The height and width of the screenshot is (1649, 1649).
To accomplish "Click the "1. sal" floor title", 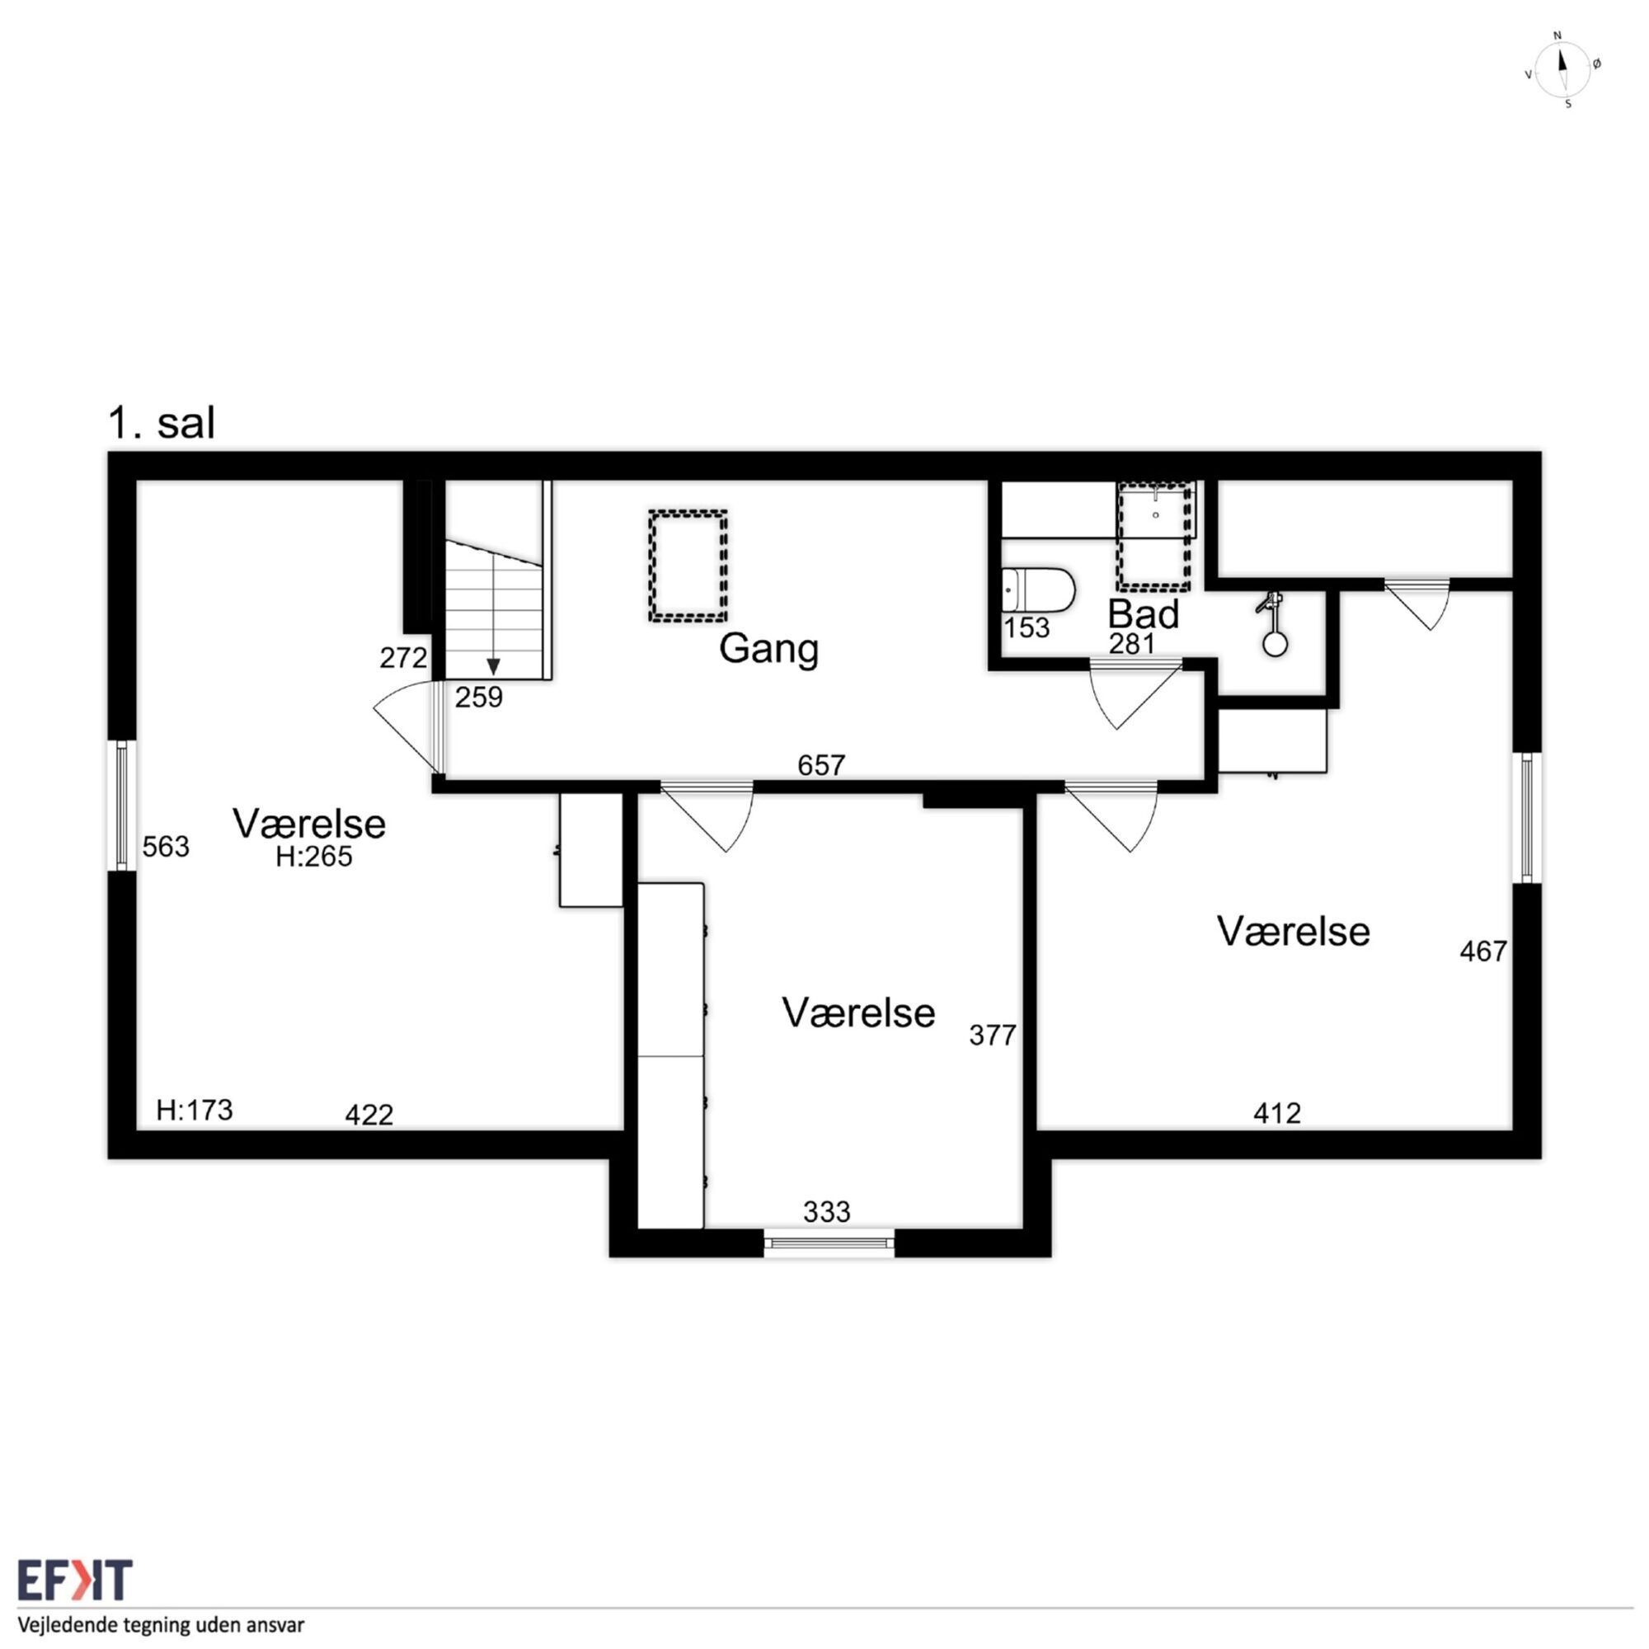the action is click(x=162, y=423).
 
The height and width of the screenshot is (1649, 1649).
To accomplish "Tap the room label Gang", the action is click(x=768, y=650).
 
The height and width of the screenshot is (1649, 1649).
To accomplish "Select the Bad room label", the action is click(x=1143, y=613).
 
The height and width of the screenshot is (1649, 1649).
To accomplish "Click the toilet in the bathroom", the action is click(x=1038, y=590).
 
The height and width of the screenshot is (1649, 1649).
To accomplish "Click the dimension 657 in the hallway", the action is click(x=821, y=765).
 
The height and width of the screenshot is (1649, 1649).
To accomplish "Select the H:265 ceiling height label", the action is click(x=313, y=856).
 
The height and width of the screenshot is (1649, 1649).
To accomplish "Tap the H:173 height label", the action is click(x=195, y=1110).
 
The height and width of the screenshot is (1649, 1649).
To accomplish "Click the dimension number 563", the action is click(x=166, y=847).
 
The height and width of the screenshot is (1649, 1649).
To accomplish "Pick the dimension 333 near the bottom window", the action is click(x=826, y=1211).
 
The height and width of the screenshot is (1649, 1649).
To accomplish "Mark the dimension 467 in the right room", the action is click(x=1483, y=951).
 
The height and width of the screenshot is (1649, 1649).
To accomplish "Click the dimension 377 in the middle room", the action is click(x=993, y=1036).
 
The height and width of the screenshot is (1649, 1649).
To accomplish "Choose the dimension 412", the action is click(x=1277, y=1113).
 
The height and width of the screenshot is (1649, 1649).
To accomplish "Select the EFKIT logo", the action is click(x=75, y=1580).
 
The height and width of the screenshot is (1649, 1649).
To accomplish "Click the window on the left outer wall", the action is click(x=121, y=806).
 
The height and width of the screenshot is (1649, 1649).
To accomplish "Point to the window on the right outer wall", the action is click(x=1527, y=818).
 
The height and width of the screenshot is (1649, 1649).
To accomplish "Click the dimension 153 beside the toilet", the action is click(x=1026, y=627).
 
